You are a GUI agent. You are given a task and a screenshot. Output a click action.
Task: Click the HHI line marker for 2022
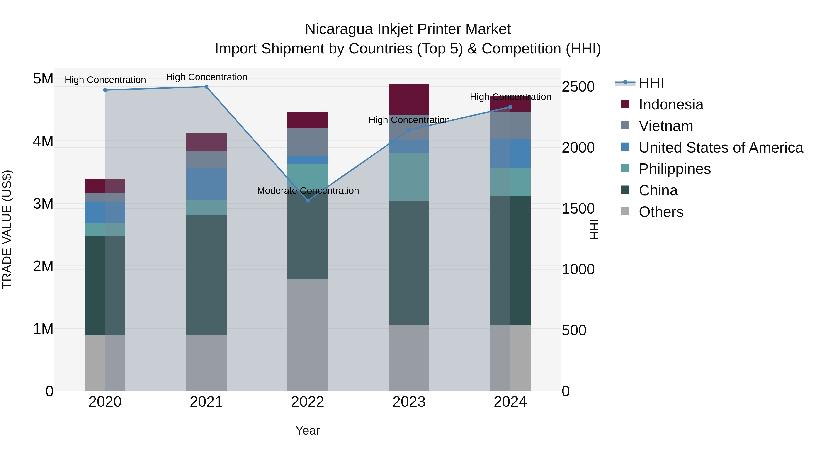pos(307,201)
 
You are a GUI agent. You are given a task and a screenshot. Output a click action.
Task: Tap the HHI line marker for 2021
pos(206,87)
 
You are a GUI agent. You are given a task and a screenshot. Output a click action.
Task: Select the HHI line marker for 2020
pos(105,90)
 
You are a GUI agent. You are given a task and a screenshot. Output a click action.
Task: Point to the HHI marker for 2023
pos(409,130)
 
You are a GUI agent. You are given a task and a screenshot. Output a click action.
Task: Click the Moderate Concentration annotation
pos(308,191)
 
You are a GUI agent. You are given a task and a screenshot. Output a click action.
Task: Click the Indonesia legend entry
pos(671,104)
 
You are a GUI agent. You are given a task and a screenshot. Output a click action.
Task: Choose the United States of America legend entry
pos(721,148)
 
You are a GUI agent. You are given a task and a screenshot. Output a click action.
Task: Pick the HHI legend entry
pos(651,83)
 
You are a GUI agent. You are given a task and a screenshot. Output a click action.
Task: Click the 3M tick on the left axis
pos(43,204)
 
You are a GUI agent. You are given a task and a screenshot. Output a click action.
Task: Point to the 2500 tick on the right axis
pos(578,87)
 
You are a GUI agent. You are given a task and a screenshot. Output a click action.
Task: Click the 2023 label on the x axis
pos(409,402)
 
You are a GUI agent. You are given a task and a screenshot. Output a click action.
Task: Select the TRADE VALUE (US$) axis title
pos(7,229)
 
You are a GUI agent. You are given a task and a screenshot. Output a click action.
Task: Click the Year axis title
pos(307,430)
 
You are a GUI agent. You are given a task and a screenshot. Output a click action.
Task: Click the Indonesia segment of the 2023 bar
pos(409,99)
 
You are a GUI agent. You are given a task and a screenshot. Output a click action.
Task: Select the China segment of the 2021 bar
pos(206,275)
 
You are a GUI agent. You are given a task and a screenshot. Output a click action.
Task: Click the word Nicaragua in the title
pos(339,29)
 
